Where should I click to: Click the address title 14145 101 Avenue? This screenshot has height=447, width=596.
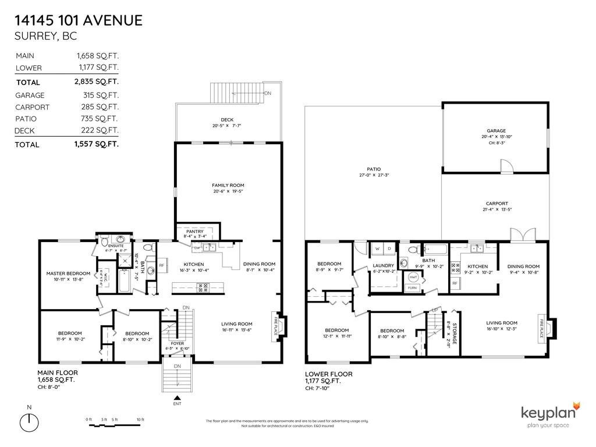click(78, 21)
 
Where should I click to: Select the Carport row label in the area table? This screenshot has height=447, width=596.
click(32, 107)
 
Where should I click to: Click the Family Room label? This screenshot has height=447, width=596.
click(228, 185)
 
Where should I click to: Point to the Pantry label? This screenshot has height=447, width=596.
click(195, 230)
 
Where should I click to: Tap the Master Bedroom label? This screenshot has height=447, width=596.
click(68, 274)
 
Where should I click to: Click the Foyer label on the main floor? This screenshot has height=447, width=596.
click(178, 343)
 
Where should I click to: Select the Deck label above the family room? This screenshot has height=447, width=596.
click(228, 120)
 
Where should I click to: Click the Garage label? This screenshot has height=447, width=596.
click(496, 131)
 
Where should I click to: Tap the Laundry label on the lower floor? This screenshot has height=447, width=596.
click(383, 265)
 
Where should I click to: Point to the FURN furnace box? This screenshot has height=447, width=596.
click(412, 288)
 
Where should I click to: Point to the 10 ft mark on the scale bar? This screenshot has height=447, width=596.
click(140, 420)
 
